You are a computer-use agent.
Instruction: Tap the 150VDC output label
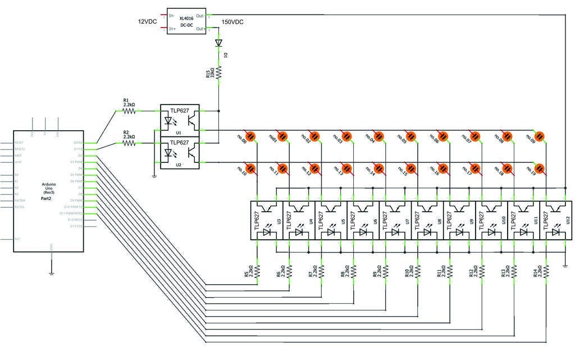(x=232, y=22)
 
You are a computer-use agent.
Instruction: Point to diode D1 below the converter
(x=219, y=43)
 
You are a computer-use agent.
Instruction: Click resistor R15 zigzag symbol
(x=219, y=72)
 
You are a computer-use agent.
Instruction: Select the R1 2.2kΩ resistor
(x=129, y=111)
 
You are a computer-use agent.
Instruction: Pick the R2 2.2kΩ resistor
(x=129, y=143)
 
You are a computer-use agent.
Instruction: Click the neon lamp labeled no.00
(x=251, y=135)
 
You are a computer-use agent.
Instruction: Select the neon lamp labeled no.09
(x=540, y=135)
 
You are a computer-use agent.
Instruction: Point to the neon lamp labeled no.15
(x=412, y=168)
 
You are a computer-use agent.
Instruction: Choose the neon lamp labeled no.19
(x=540, y=168)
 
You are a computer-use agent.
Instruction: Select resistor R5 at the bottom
(x=258, y=271)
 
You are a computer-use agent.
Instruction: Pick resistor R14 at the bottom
(x=546, y=271)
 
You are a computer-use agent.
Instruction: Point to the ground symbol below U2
(x=154, y=176)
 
